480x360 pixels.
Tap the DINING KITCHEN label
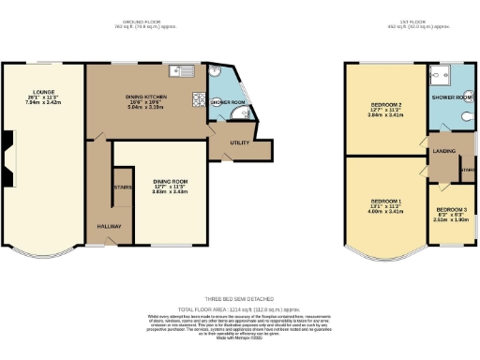146,97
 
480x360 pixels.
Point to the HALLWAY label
110,226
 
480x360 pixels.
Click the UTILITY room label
238,142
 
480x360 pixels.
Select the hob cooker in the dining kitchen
199,99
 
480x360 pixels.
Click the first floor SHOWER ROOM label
452,96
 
